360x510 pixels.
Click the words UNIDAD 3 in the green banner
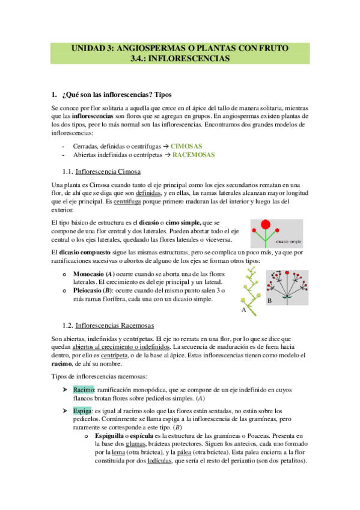point(95,48)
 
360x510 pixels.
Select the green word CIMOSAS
point(186,146)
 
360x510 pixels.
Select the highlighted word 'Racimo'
point(83,390)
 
